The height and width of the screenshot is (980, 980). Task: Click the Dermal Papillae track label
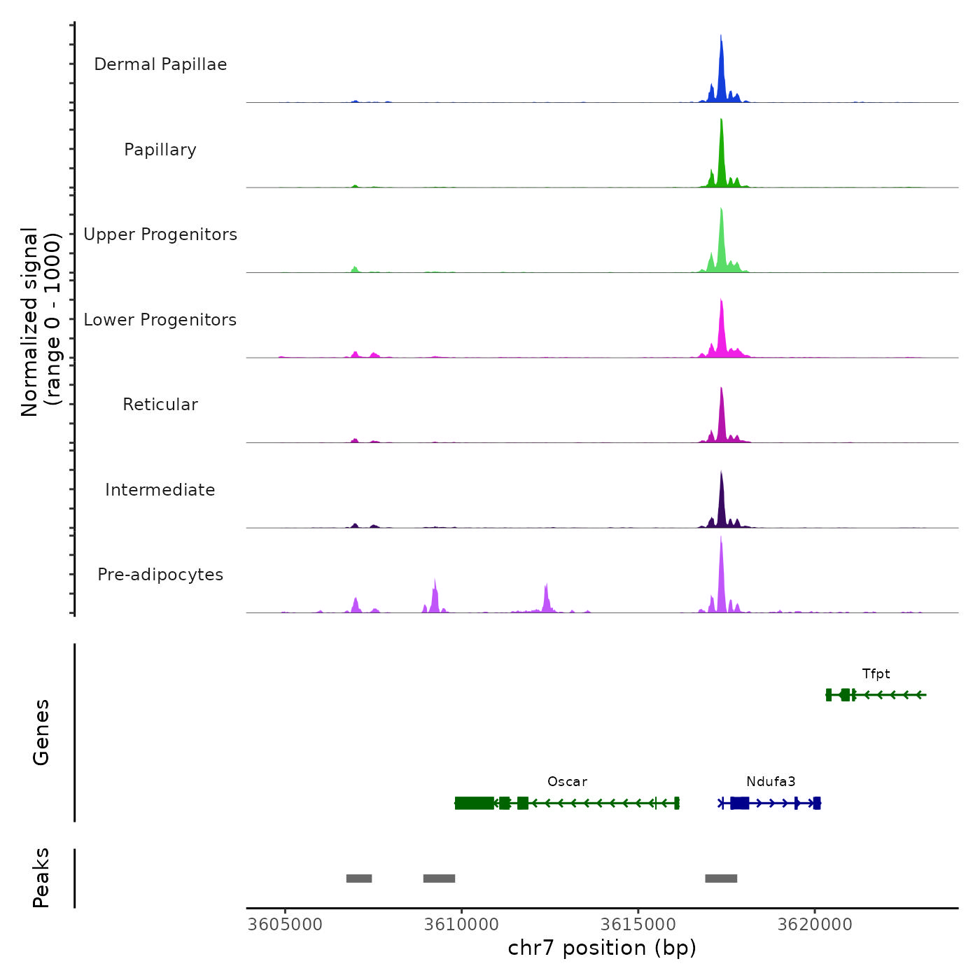coord(160,64)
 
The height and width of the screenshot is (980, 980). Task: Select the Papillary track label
coord(160,150)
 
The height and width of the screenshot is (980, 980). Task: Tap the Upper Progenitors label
coord(160,234)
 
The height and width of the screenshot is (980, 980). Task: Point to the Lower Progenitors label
coord(160,320)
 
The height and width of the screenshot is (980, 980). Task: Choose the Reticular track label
coord(160,405)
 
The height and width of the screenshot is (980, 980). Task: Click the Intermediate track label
coord(160,490)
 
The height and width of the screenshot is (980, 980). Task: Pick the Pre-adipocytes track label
coord(160,575)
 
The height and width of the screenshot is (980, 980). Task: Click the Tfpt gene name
coord(876,674)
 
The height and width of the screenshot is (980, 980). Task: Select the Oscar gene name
coord(567,782)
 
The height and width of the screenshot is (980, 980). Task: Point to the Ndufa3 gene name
coord(771,782)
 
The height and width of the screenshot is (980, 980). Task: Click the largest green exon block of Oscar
coord(474,803)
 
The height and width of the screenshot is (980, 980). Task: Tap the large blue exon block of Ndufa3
coord(739,803)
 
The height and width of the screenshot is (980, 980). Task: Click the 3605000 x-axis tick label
coord(285,925)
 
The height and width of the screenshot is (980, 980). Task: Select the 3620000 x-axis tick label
coord(815,925)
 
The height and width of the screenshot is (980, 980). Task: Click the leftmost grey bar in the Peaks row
coord(359,878)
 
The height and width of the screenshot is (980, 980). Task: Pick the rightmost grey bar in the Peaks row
coord(721,878)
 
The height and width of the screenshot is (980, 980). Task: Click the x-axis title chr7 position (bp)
coord(602,948)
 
